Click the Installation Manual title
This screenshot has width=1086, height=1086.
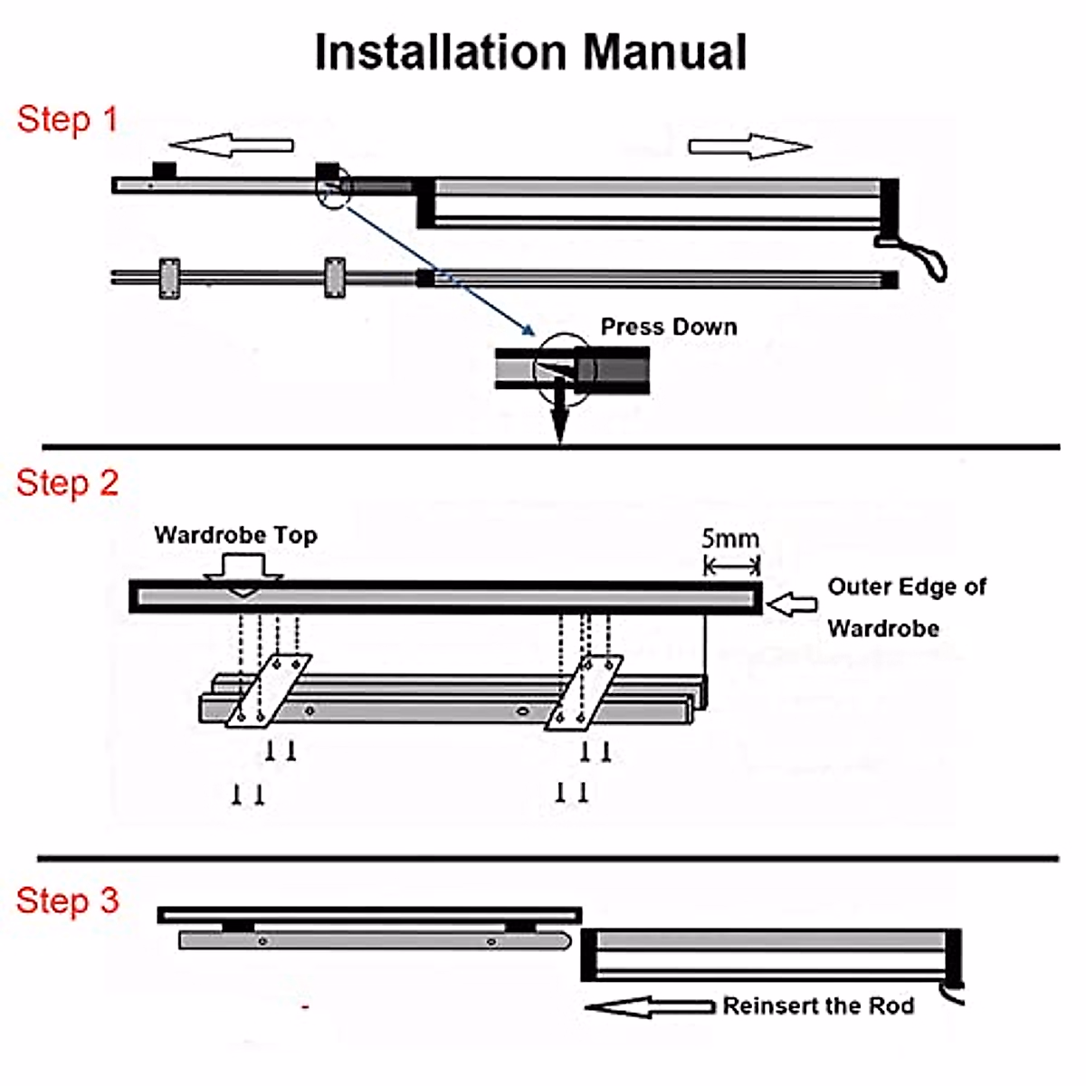click(x=530, y=52)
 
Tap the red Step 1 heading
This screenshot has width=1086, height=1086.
click(x=67, y=119)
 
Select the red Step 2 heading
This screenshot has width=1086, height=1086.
click(x=67, y=483)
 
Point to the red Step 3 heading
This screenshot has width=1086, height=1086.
click(x=67, y=900)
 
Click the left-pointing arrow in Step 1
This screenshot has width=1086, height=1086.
click(x=232, y=145)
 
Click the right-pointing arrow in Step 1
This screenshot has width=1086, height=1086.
click(x=749, y=146)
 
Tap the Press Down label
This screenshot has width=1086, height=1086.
click(x=669, y=327)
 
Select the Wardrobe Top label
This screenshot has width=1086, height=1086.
click(x=235, y=535)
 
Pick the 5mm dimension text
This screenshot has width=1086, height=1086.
click(x=730, y=539)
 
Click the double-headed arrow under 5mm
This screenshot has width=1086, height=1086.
click(x=732, y=567)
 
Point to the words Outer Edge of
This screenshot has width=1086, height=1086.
click(x=906, y=587)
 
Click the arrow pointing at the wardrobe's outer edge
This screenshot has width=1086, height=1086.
click(x=792, y=604)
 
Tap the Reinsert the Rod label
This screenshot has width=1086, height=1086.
click(x=818, y=1006)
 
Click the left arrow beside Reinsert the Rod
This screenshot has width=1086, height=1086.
click(x=650, y=1006)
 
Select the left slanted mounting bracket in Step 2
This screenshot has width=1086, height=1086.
click(x=268, y=691)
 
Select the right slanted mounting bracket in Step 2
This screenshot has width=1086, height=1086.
click(x=584, y=691)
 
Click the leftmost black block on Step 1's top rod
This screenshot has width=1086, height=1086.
click(x=164, y=170)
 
